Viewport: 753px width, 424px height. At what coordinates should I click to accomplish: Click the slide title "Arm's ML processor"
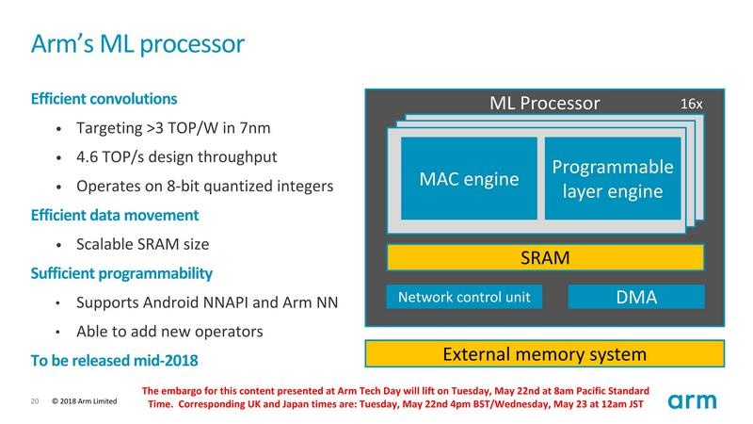[138, 43]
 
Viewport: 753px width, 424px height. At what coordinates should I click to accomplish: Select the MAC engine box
[469, 179]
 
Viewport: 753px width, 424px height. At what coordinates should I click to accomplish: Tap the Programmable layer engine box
[612, 179]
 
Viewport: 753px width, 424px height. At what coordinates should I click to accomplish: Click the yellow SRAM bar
[545, 256]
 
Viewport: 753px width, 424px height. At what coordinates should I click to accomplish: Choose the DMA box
[635, 298]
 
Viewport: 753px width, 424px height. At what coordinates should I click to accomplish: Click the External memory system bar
[545, 354]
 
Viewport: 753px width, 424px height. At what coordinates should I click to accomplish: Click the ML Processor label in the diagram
[545, 102]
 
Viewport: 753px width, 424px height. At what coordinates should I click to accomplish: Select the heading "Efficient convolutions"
[104, 98]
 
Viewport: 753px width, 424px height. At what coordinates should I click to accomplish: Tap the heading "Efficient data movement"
[115, 215]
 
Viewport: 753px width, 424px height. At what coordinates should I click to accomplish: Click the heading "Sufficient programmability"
[121, 273]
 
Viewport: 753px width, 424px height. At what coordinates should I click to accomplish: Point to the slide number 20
[34, 402]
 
